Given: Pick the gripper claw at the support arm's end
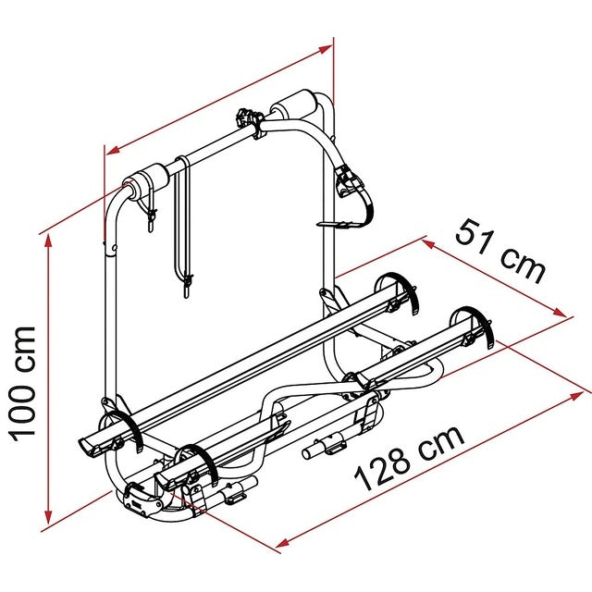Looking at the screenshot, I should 351,181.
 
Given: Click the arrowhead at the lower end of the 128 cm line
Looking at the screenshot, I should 278,547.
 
